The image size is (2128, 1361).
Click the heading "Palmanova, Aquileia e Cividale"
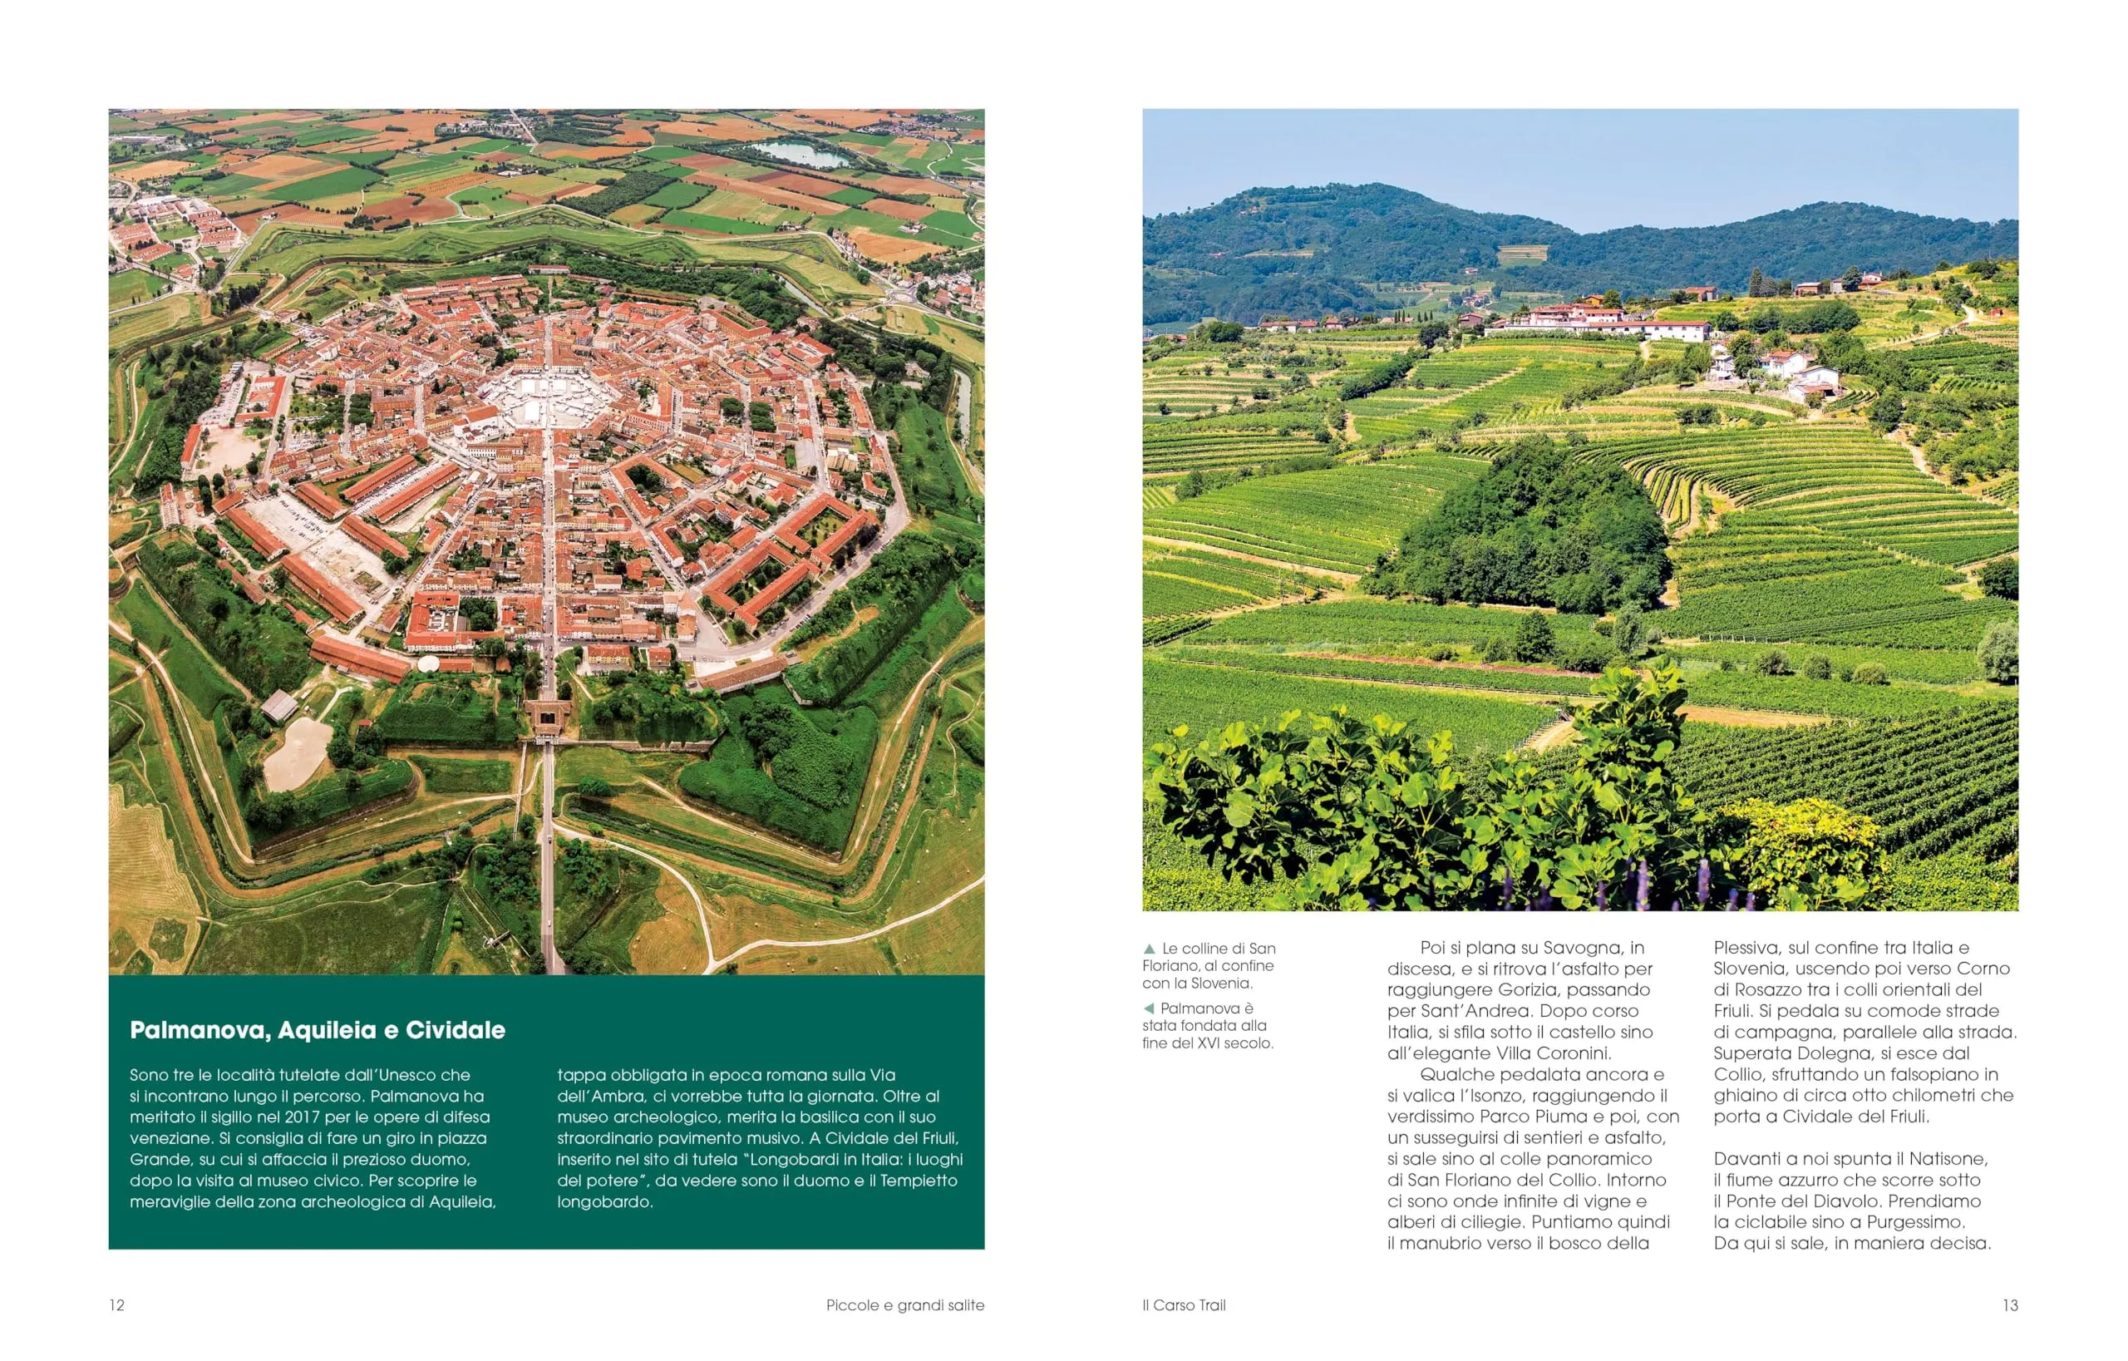click(x=318, y=1030)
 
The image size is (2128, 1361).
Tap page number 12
click(x=116, y=1305)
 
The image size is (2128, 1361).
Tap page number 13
click(x=2010, y=1305)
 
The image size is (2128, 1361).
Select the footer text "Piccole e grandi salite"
click(x=905, y=1305)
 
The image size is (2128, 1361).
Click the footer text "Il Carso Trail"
click(x=1184, y=1305)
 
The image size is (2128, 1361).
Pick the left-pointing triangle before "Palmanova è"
click(x=1149, y=1008)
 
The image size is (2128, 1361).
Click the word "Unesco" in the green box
click(x=407, y=1076)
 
